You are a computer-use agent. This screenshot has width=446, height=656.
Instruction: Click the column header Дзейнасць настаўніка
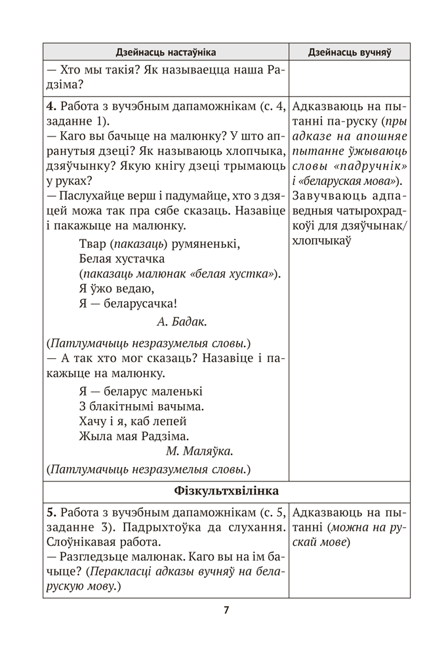point(165,52)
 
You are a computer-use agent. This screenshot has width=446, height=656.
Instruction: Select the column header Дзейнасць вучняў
point(349,52)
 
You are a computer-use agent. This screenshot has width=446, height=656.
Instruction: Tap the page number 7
point(226,609)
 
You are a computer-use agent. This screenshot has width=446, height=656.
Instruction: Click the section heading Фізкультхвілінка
point(226,491)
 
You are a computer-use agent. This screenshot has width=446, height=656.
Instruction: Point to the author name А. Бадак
point(182,321)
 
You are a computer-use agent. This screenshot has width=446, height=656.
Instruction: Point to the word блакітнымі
point(123,406)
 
